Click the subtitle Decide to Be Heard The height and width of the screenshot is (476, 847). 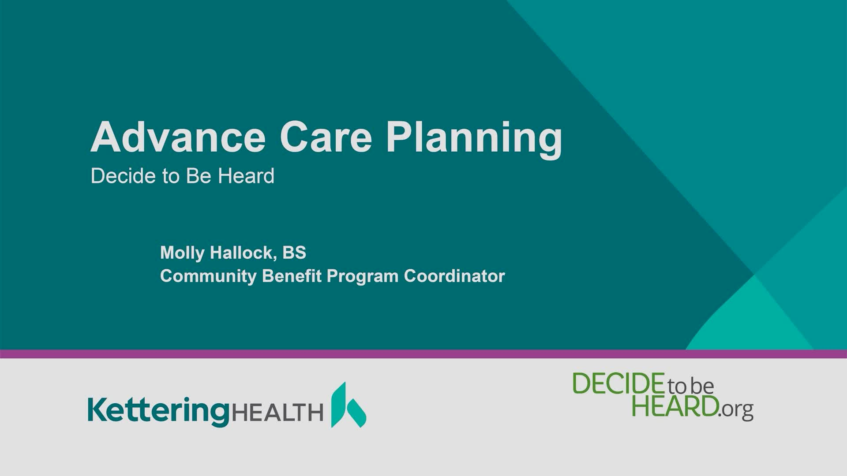(182, 176)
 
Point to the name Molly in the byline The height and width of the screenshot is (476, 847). (184, 253)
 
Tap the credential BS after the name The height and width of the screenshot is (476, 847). (294, 253)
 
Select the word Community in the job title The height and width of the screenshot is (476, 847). (209, 276)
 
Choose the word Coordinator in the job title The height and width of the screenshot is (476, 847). (454, 276)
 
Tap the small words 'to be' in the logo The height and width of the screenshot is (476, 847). (690, 386)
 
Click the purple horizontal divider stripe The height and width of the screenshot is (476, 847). (423, 354)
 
